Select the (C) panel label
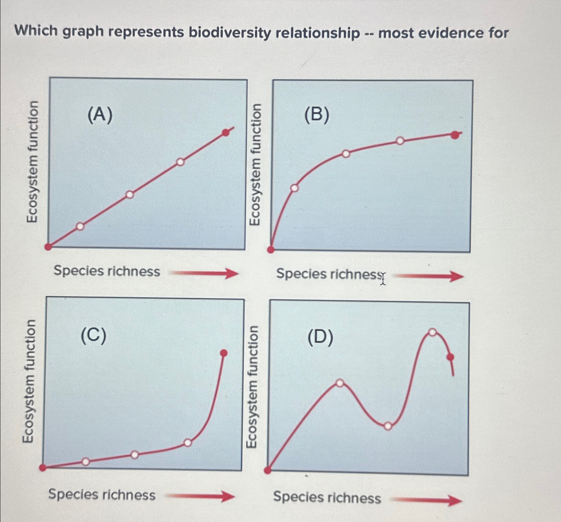[x=93, y=335]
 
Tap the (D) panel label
[x=320, y=337]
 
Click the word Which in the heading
[x=36, y=31]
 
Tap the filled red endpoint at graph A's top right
[x=226, y=133]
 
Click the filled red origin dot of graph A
[x=48, y=247]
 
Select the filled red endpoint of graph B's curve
[x=455, y=135]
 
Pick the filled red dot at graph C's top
[x=224, y=353]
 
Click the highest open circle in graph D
[x=433, y=332]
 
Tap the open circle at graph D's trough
[x=388, y=426]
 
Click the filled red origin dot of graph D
[x=268, y=470]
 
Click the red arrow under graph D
[x=427, y=500]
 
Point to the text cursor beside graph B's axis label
[x=383, y=278]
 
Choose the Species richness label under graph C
[x=102, y=495]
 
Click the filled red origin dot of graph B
[x=271, y=250]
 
